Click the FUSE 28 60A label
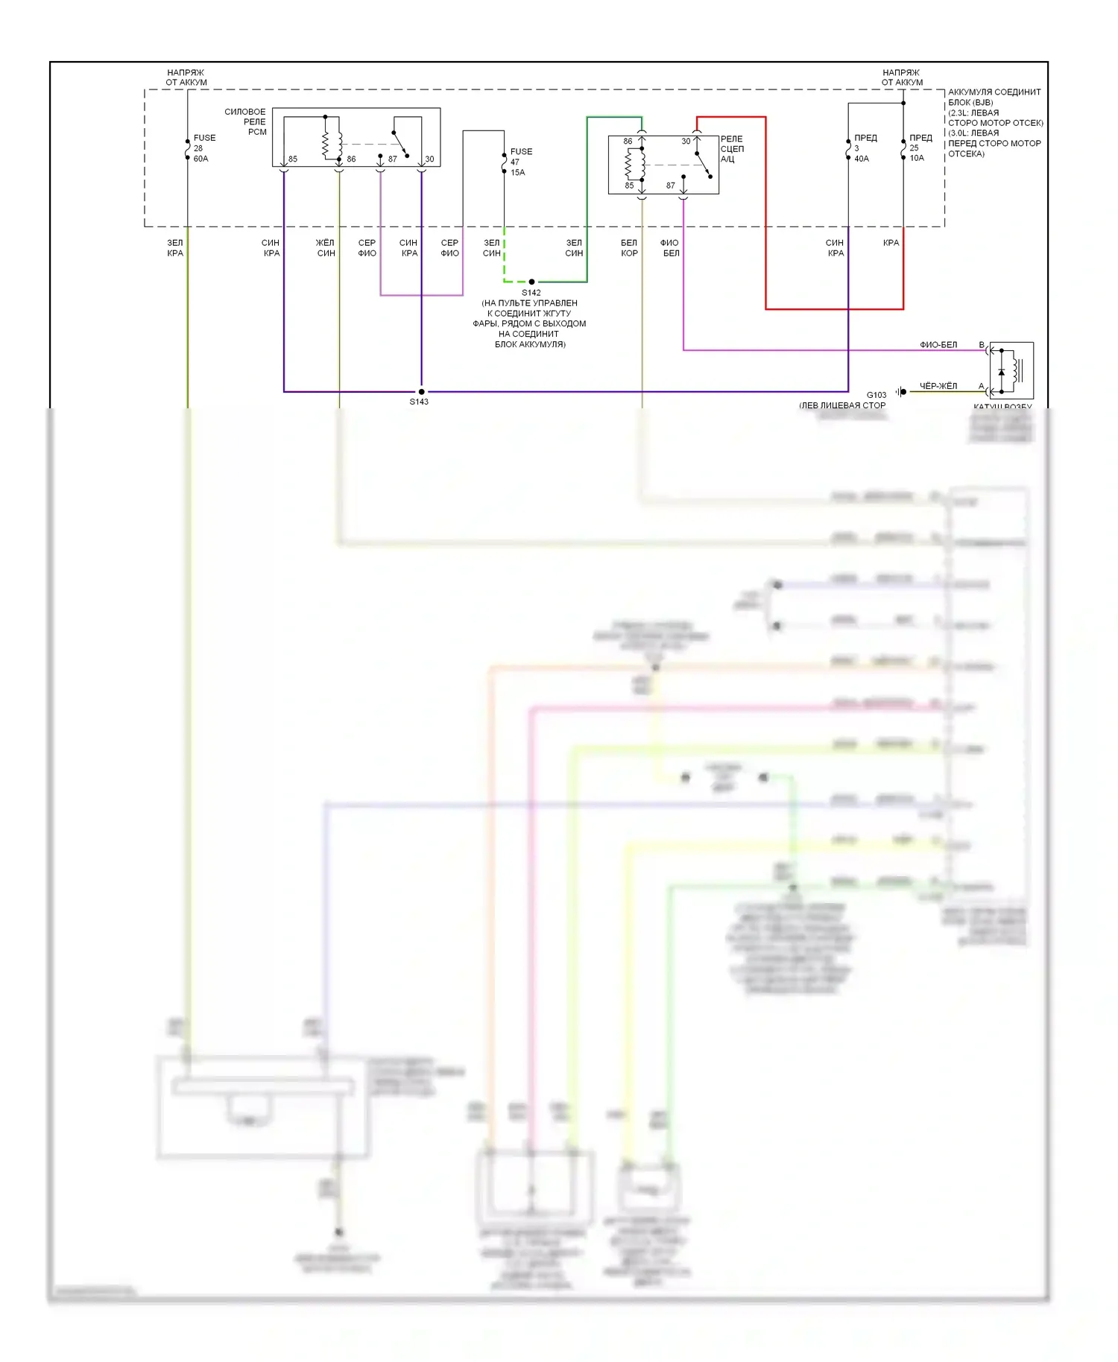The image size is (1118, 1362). [x=203, y=148]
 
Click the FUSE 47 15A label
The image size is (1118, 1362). [x=520, y=162]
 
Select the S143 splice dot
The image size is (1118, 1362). [x=421, y=391]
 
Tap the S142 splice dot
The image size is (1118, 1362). [x=531, y=282]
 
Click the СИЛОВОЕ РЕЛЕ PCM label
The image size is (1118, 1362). [x=247, y=121]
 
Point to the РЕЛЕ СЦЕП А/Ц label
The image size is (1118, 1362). [x=731, y=149]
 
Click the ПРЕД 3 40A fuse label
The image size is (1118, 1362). [x=865, y=148]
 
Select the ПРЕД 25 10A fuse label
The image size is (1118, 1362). [x=920, y=148]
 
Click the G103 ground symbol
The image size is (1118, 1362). [x=902, y=391]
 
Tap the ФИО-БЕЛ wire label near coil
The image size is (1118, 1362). [x=938, y=345]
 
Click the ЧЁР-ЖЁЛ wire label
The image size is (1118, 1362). [x=938, y=386]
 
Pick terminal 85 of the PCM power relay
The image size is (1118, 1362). [x=292, y=159]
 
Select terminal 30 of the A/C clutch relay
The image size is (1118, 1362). [x=686, y=141]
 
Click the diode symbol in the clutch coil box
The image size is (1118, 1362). [x=1001, y=371]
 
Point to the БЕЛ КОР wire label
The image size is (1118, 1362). [x=629, y=248]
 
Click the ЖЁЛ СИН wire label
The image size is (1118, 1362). [x=326, y=248]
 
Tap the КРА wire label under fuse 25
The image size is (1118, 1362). [x=891, y=243]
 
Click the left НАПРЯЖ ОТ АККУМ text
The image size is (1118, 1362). [x=186, y=77]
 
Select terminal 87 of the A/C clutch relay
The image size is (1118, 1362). [x=671, y=186]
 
